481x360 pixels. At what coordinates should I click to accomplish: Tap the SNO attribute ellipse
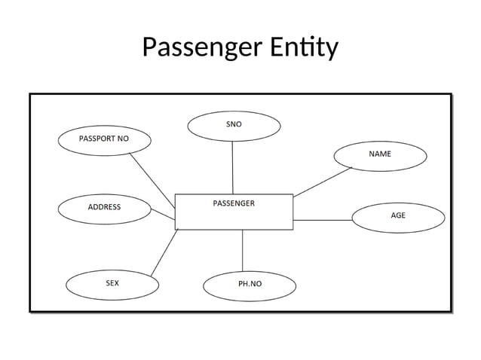[234, 126]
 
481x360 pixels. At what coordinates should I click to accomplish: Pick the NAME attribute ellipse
[380, 154]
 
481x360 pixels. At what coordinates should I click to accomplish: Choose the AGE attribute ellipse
[398, 216]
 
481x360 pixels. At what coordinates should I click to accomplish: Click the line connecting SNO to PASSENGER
[233, 167]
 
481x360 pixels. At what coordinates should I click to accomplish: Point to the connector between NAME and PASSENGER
[323, 182]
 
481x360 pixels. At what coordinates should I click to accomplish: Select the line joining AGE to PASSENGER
[323, 220]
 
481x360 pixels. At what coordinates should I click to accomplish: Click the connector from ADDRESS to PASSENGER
[162, 215]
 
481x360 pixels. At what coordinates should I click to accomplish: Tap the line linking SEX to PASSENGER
[164, 252]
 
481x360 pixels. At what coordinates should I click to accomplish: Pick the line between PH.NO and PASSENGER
[242, 250]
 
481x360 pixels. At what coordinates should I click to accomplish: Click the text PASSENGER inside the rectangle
[234, 203]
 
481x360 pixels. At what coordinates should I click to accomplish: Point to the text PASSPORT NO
[104, 139]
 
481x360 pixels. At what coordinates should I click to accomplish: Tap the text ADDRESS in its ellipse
[104, 207]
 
